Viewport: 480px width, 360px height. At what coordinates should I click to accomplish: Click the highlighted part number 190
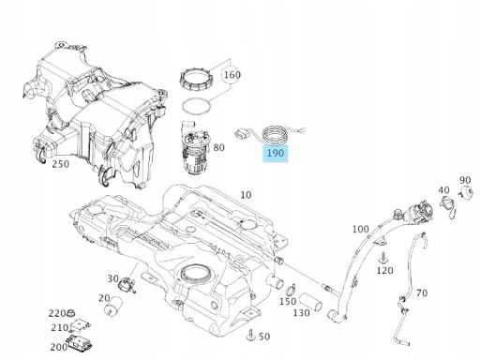[276, 153]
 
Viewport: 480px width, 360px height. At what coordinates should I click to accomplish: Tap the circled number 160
[232, 75]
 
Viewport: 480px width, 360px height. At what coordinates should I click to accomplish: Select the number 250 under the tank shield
[61, 164]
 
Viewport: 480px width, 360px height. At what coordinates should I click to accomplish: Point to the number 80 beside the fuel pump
[218, 147]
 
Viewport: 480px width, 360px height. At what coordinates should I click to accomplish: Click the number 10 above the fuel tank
[246, 195]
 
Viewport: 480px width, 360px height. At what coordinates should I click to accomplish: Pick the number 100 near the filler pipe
[361, 229]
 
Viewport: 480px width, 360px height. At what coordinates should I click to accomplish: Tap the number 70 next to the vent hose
[422, 292]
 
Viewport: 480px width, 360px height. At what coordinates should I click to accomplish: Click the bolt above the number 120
[382, 258]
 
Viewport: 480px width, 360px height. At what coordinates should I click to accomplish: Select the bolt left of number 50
[251, 336]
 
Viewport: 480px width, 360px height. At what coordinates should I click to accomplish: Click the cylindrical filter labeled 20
[112, 306]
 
